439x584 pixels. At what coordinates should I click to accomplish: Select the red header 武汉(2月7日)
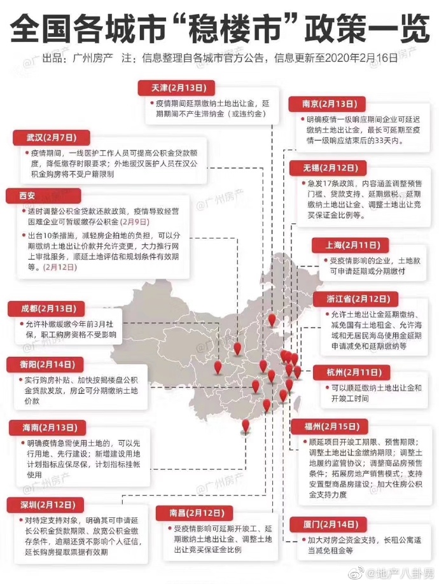pos(43,137)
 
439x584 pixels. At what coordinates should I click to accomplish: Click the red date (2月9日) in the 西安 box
pos(135,221)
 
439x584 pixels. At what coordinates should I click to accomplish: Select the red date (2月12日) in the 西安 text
pos(60,268)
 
